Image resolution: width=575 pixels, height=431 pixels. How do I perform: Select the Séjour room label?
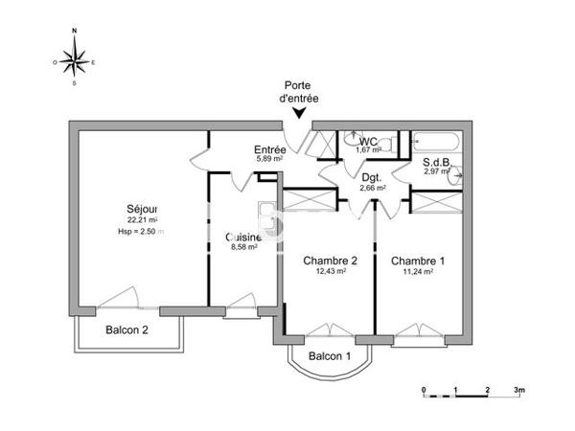coord(141,210)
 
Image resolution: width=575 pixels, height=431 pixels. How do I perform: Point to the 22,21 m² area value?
coord(141,221)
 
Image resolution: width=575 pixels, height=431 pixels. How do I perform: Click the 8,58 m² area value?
coord(244,247)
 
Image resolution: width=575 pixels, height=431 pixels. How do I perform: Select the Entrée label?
coord(268,149)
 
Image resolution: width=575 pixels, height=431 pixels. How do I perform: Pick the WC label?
coord(368,141)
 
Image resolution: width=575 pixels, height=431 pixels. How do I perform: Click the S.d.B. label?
coord(439,163)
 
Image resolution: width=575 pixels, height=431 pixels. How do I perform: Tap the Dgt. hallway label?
coord(372,177)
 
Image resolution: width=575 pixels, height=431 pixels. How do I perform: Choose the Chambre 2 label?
coord(330,261)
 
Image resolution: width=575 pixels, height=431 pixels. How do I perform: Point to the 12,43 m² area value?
coord(330,271)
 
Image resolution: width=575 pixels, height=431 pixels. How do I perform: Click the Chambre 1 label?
coord(418,261)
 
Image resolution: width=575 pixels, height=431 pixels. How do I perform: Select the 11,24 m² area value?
coord(418,271)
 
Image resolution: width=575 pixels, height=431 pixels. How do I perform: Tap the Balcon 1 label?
coord(330,357)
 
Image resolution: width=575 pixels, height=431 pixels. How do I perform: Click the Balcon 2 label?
coord(127,331)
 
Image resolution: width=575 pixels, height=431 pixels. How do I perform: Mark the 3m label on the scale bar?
coord(518,390)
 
